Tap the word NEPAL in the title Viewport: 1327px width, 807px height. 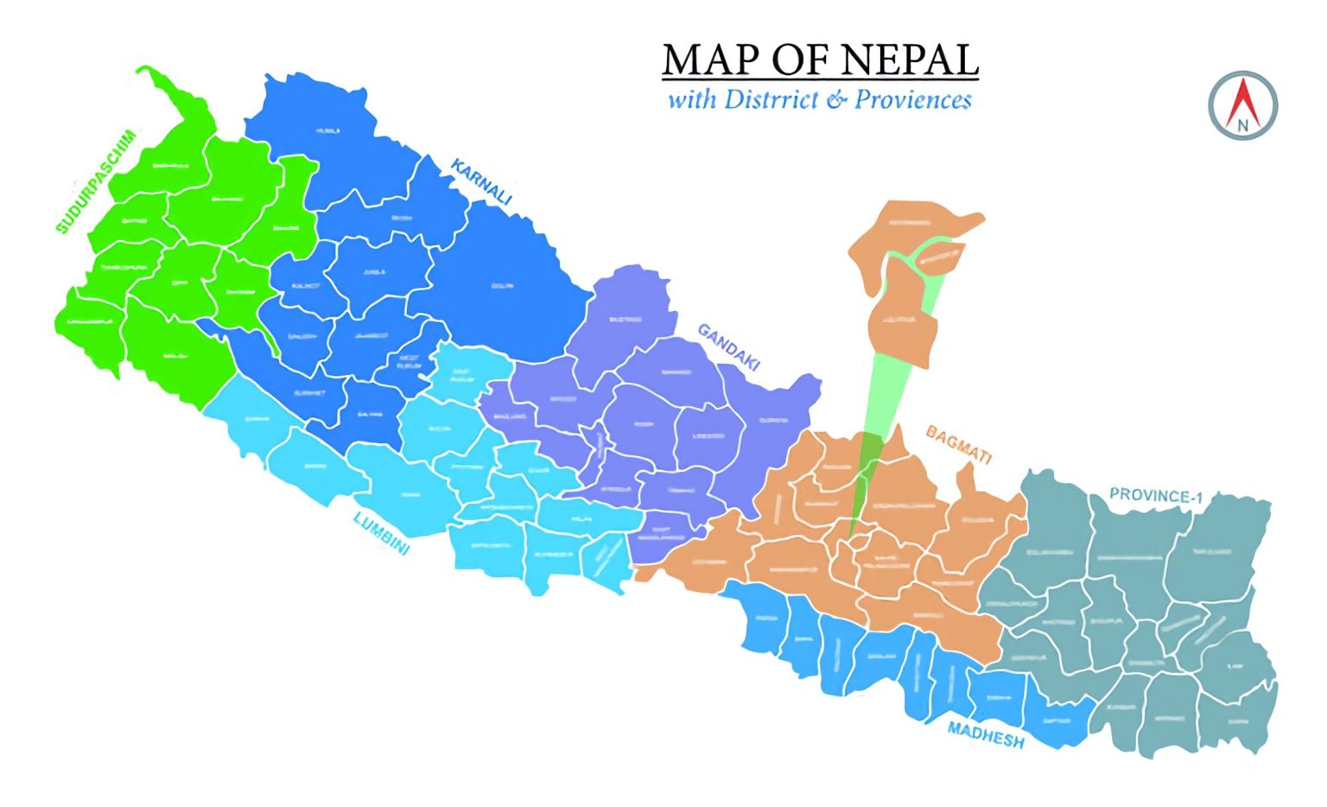pos(909,60)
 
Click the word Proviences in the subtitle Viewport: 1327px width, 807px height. pos(913,99)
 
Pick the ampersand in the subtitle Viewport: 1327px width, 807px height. pos(836,100)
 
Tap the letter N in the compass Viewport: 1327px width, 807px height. pos(1242,124)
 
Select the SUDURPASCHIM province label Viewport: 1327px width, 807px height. pos(95,181)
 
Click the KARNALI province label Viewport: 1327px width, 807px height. pos(481,182)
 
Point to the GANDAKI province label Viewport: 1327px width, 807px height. pos(728,346)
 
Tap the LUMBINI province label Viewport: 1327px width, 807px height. pos(381,533)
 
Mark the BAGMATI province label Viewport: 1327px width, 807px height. pos(958,444)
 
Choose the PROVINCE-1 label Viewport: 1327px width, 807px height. pos(1155,496)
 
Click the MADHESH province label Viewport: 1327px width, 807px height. pos(986,734)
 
